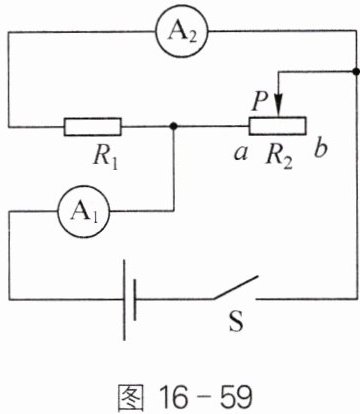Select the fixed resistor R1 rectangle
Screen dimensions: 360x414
click(x=93, y=127)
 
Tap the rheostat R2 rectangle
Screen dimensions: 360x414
click(x=277, y=126)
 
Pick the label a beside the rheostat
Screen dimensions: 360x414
click(x=241, y=153)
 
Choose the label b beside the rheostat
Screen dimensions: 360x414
click(x=320, y=149)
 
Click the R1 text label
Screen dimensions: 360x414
click(x=105, y=158)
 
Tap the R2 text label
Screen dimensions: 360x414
click(x=279, y=157)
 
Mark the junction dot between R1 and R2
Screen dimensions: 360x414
click(x=173, y=126)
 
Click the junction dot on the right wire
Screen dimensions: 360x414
click(x=356, y=71)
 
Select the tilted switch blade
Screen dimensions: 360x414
click(x=235, y=287)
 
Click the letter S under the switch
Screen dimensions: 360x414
click(x=236, y=321)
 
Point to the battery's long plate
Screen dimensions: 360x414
click(x=124, y=300)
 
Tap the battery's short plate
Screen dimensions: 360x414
click(x=134, y=300)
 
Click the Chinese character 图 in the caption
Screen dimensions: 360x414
click(x=131, y=398)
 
